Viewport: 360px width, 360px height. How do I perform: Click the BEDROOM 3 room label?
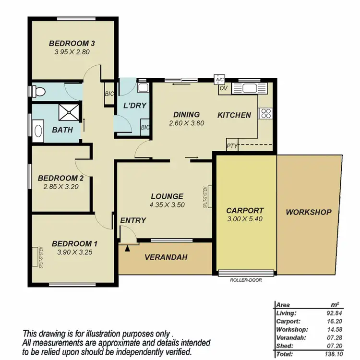pos(72,44)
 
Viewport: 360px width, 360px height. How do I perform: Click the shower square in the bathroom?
pos(70,113)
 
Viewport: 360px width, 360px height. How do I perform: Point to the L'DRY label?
pos(135,105)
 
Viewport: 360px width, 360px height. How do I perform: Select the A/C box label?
pos(219,80)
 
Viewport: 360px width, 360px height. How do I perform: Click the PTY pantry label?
pos(232,146)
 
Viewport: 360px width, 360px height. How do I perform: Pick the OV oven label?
pos(223,88)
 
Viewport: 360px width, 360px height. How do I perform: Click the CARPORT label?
pos(245,210)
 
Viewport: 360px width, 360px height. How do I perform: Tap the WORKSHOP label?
pos(309,212)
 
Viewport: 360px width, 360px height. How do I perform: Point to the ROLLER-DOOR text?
pos(246,280)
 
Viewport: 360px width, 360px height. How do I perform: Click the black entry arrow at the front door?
pos(127,248)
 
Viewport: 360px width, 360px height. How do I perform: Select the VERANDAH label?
pos(166,257)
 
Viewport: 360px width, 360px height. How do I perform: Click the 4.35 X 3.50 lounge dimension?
pos(167,204)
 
